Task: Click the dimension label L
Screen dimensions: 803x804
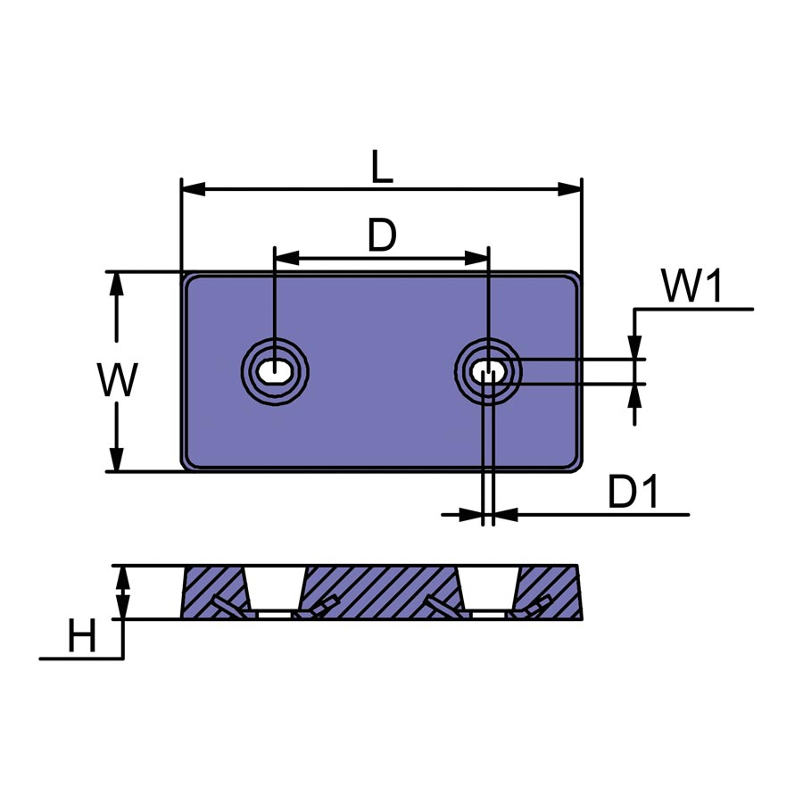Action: pyautogui.click(x=382, y=166)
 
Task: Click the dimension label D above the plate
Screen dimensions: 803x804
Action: pyautogui.click(x=383, y=235)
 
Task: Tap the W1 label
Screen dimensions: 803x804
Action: pyautogui.click(x=692, y=285)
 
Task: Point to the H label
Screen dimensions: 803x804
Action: pyautogui.click(x=82, y=635)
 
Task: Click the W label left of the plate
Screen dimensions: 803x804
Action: pyautogui.click(x=118, y=379)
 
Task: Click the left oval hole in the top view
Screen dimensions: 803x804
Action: pyautogui.click(x=275, y=370)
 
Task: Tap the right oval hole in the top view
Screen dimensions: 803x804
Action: pyautogui.click(x=488, y=370)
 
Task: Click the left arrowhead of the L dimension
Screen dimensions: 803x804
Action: pyautogui.click(x=194, y=188)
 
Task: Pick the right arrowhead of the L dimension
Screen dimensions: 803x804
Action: pyautogui.click(x=570, y=188)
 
